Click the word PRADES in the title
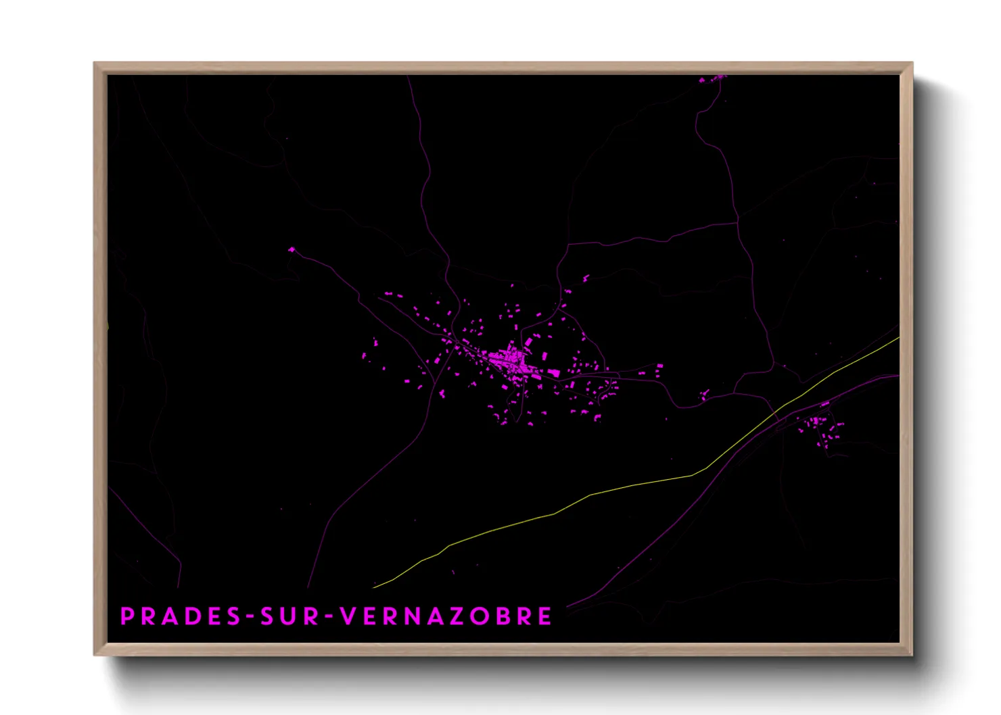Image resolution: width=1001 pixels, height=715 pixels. pos(181,616)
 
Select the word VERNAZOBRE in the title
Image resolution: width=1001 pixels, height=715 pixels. pos(446,616)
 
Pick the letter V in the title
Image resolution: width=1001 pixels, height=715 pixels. pos(347,616)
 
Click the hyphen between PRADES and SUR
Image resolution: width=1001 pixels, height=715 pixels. pos(250,617)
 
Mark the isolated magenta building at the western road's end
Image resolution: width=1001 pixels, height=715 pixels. pos(292,250)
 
